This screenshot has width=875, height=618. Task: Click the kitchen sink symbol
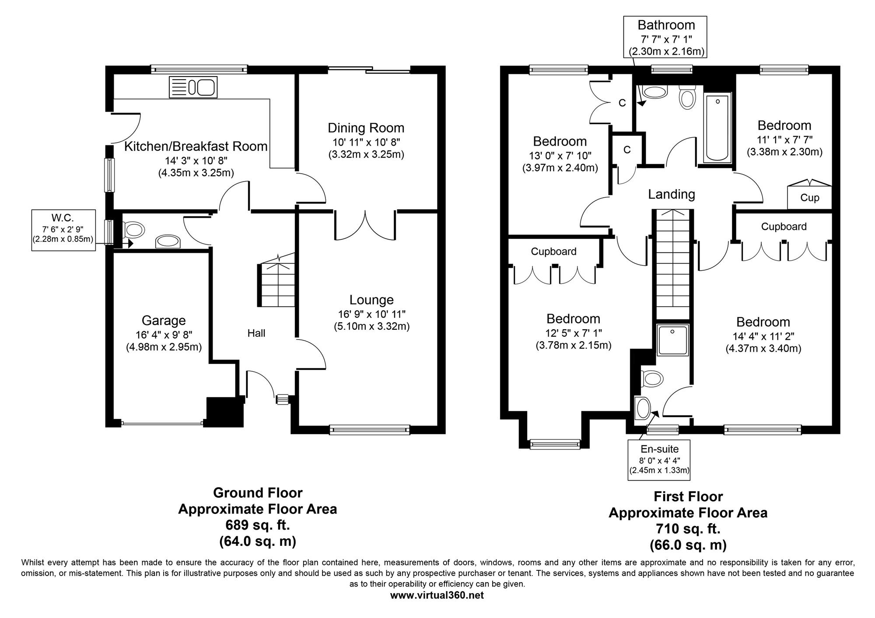(193, 87)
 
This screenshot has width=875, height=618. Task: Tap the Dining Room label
(366, 128)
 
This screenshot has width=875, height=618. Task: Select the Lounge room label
(371, 300)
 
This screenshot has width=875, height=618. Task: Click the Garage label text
(164, 321)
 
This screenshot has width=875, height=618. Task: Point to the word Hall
(256, 333)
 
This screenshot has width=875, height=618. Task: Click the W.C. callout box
(63, 230)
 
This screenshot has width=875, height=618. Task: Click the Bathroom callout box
(666, 38)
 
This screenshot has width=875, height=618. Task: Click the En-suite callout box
(659, 460)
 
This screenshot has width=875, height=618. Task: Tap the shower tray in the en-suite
(673, 339)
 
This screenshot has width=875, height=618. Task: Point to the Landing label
(672, 194)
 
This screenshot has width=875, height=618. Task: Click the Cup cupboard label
(809, 198)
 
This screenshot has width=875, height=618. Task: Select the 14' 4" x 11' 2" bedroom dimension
(763, 336)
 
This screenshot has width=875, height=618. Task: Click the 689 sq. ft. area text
(258, 524)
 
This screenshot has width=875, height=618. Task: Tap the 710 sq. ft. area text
(688, 529)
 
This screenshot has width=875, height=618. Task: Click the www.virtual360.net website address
(437, 595)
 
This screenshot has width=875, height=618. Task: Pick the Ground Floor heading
(258, 493)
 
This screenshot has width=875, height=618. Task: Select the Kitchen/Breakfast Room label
(196, 147)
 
